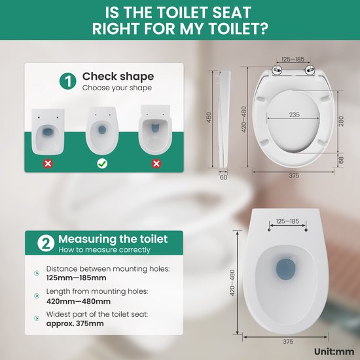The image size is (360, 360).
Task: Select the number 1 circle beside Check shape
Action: [x=67, y=81]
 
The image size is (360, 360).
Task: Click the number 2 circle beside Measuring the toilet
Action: [x=45, y=243]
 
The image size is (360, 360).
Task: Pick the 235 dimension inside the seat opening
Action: [x=294, y=114]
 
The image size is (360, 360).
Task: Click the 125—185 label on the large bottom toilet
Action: [x=287, y=221]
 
